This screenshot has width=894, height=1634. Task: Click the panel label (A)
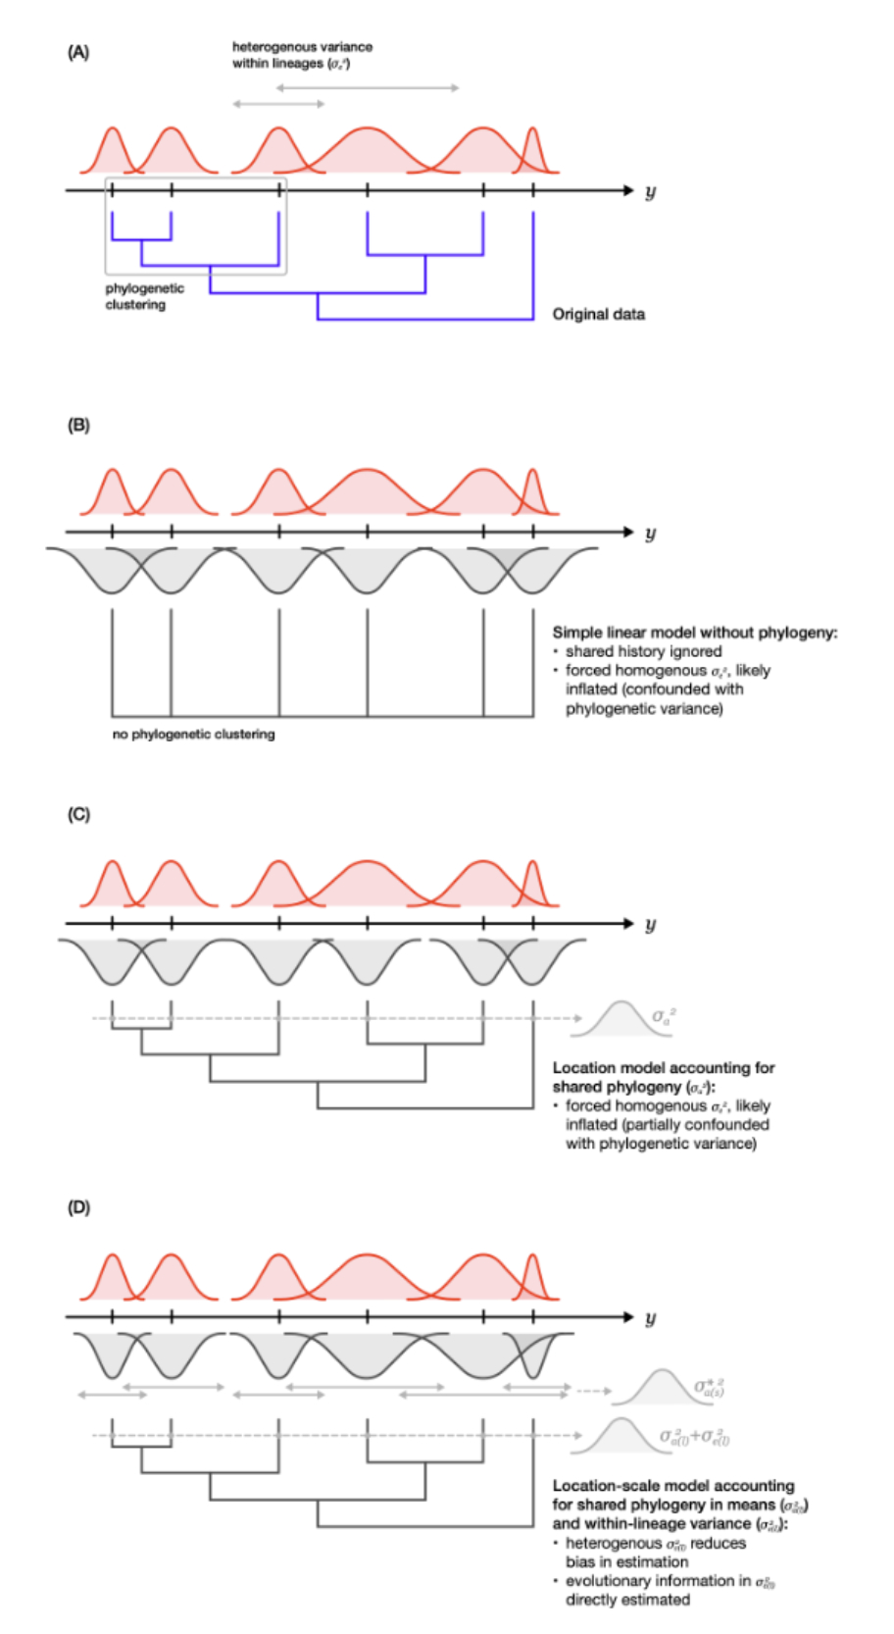click(x=77, y=52)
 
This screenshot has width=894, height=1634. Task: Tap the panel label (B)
click(x=77, y=426)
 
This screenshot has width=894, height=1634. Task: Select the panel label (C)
click(x=77, y=815)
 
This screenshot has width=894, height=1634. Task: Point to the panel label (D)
click(x=77, y=1207)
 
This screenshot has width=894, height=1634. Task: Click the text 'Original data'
click(x=598, y=314)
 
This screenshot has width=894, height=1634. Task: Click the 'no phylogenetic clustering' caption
click(x=193, y=734)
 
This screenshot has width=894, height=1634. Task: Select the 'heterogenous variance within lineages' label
click(x=302, y=55)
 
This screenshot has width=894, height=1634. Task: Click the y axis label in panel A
click(x=650, y=191)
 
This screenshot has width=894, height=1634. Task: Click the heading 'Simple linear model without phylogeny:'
click(x=694, y=633)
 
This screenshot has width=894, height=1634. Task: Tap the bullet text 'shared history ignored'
click(x=643, y=651)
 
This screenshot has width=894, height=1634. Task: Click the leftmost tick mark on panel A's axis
click(x=112, y=190)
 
